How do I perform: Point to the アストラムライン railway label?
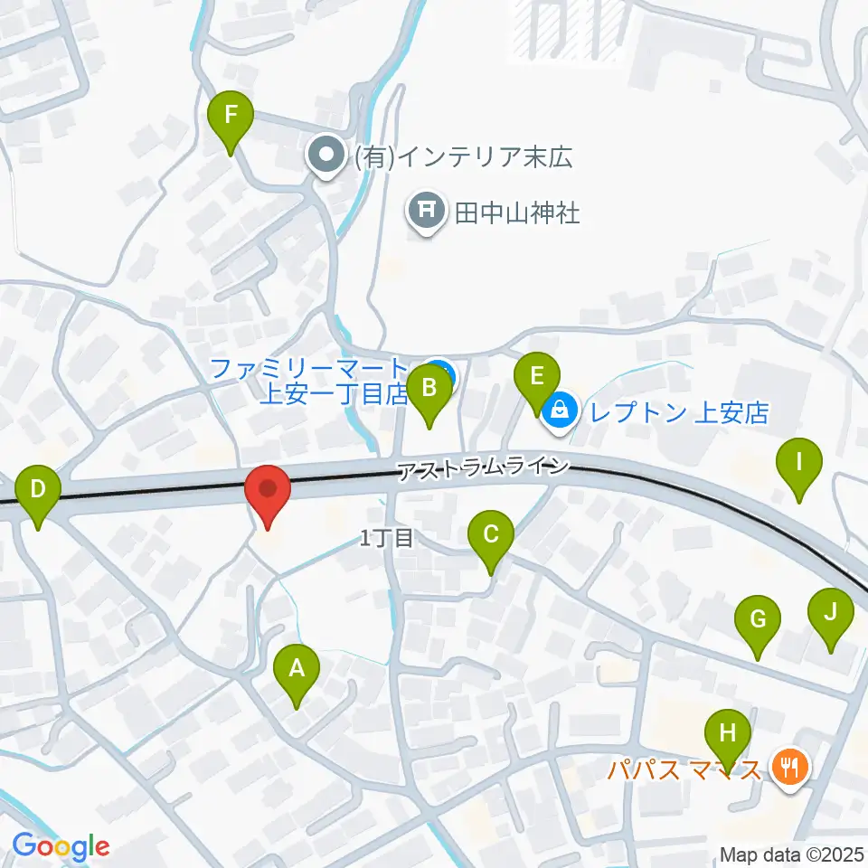click(x=485, y=467)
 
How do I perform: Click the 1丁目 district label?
click(x=386, y=539)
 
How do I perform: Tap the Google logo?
click(x=61, y=846)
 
